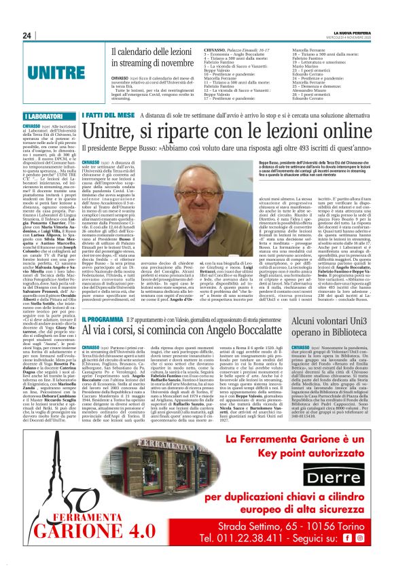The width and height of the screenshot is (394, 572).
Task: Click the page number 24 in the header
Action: [x=27, y=35]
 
